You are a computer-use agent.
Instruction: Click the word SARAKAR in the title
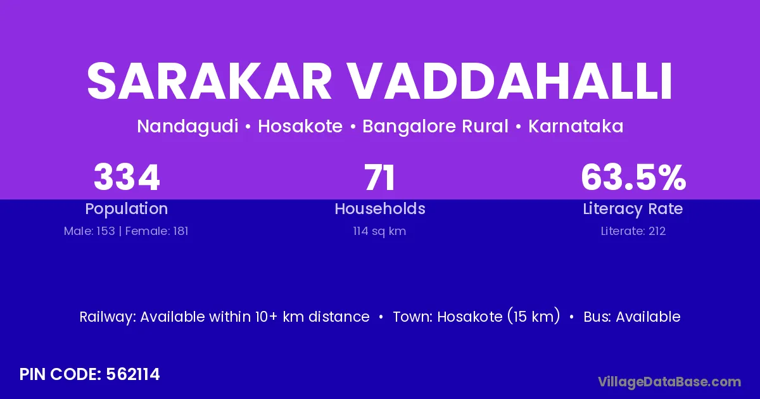pyautogui.click(x=209, y=82)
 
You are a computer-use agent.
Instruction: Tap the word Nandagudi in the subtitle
pyautogui.click(x=187, y=127)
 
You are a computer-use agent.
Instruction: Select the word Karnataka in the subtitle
pyautogui.click(x=576, y=126)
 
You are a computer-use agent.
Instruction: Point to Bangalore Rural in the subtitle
pyautogui.click(x=435, y=127)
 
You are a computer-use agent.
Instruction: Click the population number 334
pyautogui.click(x=127, y=177)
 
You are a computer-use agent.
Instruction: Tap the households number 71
pyautogui.click(x=379, y=177)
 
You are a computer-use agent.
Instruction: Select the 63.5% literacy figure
pyautogui.click(x=633, y=177)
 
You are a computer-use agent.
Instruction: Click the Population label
pyautogui.click(x=127, y=209)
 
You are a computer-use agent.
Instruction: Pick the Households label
pyautogui.click(x=380, y=208)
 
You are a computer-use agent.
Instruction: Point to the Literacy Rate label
pyautogui.click(x=633, y=209)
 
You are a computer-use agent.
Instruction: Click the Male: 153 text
pyautogui.click(x=89, y=231)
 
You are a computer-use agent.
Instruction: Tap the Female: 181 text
pyautogui.click(x=157, y=231)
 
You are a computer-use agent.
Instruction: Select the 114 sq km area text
pyautogui.click(x=379, y=231)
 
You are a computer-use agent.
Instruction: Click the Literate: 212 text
pyautogui.click(x=633, y=231)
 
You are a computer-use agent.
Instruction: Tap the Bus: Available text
pyautogui.click(x=632, y=317)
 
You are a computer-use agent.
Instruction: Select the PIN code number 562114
pyautogui.click(x=132, y=374)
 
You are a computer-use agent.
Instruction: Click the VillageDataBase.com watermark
pyautogui.click(x=669, y=382)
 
